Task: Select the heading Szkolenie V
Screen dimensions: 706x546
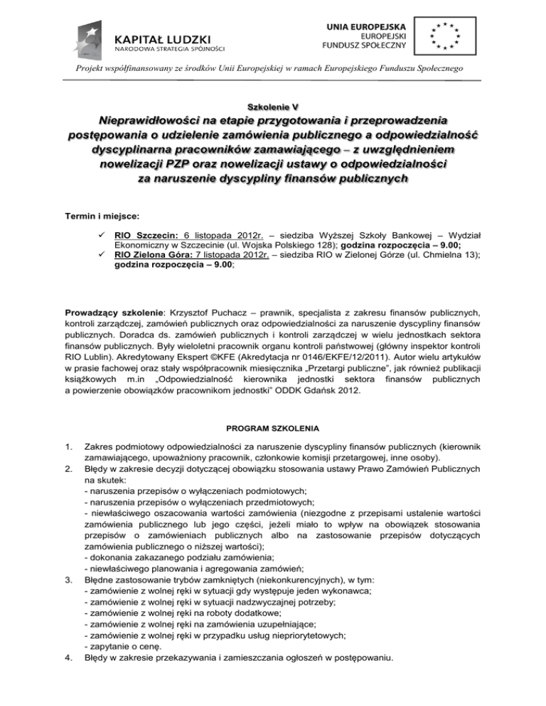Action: point(273,106)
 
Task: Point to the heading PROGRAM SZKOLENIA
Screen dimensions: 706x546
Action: point(273,428)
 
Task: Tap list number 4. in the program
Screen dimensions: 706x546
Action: point(70,658)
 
